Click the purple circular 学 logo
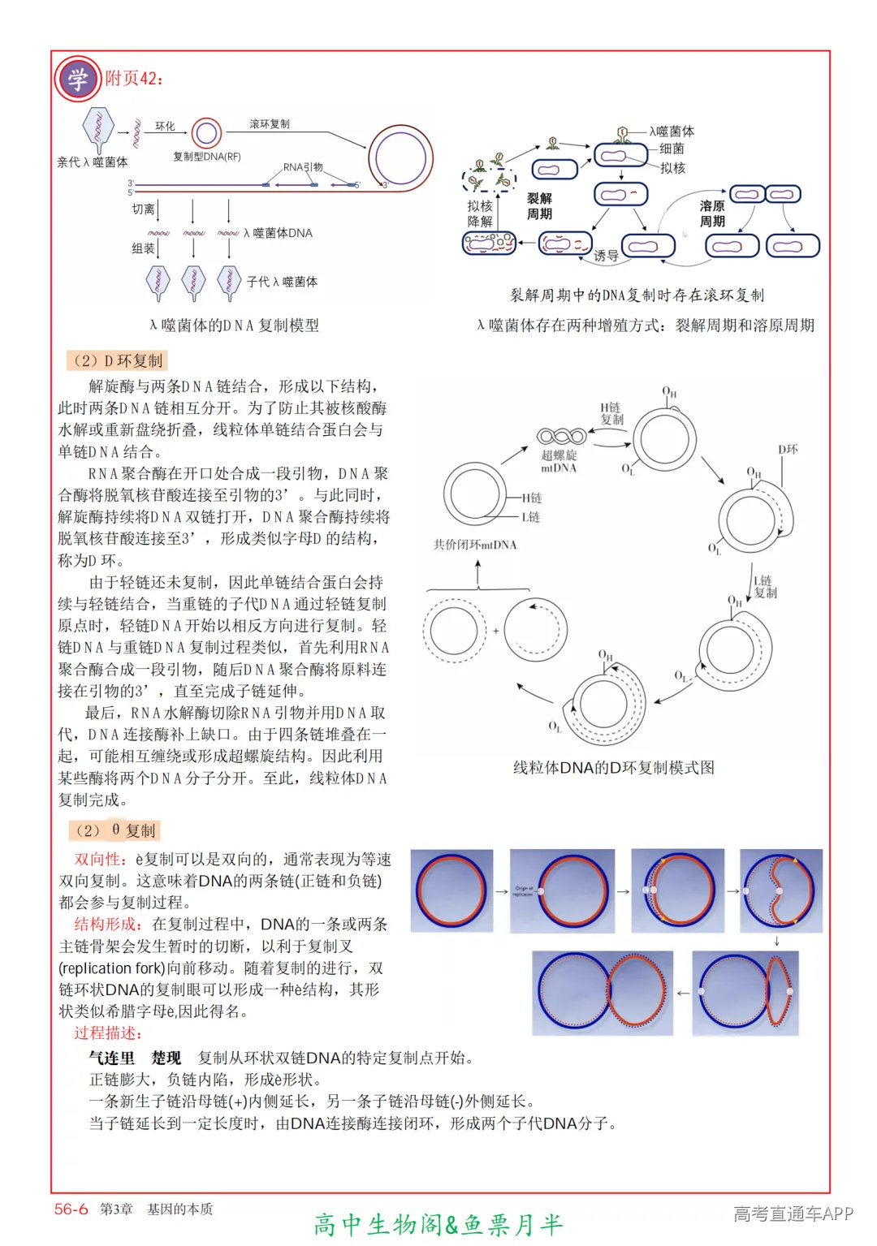click(77, 80)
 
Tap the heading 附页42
click(134, 79)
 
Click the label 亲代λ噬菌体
click(92, 162)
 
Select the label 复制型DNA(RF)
click(207, 157)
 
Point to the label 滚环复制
click(270, 124)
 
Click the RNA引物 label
click(303, 167)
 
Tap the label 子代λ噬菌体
click(282, 282)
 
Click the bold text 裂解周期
click(539, 206)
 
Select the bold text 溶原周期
click(712, 213)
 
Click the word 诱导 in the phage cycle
click(606, 256)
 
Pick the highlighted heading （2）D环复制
click(117, 360)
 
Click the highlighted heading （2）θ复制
click(114, 830)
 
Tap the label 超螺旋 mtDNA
click(559, 461)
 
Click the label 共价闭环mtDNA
click(475, 545)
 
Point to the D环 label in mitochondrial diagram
click(788, 450)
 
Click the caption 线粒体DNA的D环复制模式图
click(613, 768)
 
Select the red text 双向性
click(100, 860)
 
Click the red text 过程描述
click(108, 1033)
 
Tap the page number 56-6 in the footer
click(71, 1209)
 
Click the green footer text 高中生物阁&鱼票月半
click(438, 1224)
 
